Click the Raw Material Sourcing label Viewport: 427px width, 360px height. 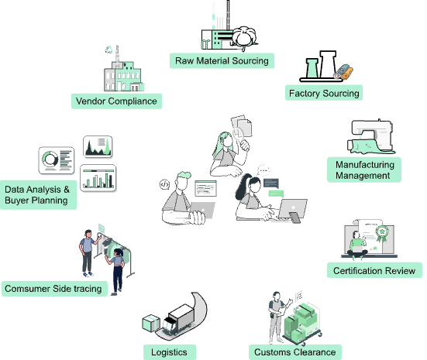[222, 60]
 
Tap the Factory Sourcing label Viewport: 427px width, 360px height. [324, 93]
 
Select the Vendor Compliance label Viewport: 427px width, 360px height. [116, 101]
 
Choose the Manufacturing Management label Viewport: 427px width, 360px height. [364, 170]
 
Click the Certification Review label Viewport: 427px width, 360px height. [374, 270]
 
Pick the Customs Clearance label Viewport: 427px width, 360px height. [295, 352]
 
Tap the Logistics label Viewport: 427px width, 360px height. [170, 352]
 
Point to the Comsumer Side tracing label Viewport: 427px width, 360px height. [54, 289]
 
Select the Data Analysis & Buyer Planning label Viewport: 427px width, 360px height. [38, 195]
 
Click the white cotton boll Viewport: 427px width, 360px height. [244, 36]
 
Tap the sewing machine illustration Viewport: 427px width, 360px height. [371, 136]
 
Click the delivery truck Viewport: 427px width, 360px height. [177, 320]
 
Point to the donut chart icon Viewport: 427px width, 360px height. [50, 159]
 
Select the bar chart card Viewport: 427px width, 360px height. [98, 178]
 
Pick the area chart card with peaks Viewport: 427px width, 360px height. [98, 146]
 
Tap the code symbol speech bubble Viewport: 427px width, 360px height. [164, 185]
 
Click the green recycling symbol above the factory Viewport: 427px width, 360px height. [109, 50]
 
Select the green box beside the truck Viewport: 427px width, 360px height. [151, 324]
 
